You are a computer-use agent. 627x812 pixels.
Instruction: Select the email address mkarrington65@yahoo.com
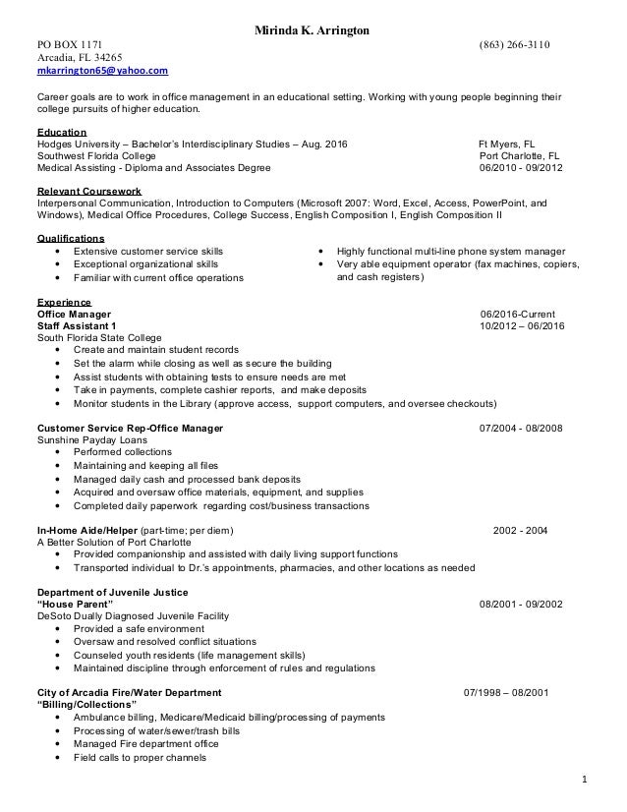coord(102,72)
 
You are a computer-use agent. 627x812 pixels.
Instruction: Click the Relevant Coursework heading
coord(88,190)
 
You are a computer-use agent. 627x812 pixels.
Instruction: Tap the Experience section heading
coord(65,302)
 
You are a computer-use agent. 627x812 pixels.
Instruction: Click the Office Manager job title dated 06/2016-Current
coord(74,314)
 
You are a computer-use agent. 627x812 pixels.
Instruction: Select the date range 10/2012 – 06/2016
coord(522,325)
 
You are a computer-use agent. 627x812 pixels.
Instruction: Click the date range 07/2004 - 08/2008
coord(521,429)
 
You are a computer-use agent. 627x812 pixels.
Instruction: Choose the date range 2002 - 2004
coord(521,531)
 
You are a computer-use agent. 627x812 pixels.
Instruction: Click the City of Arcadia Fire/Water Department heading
coord(129,692)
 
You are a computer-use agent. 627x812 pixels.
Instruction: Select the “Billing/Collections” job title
coord(85,705)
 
